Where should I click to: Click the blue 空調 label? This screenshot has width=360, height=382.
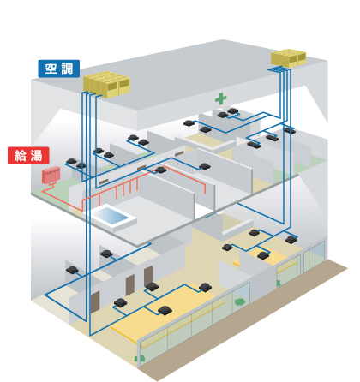tap(59, 69)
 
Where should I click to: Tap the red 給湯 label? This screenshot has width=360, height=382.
tap(28, 156)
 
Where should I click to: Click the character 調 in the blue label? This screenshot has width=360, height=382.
tap(67, 69)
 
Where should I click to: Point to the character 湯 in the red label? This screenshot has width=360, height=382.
tap(36, 156)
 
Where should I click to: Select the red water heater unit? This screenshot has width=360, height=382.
tap(51, 175)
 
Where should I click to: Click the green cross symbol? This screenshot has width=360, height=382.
tap(221, 98)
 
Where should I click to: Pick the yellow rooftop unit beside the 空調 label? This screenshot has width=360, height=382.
tap(107, 85)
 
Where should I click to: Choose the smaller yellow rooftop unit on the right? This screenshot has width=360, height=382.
tap(289, 58)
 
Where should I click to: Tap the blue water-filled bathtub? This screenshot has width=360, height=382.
tap(113, 217)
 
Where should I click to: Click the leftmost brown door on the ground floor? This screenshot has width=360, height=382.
tap(95, 302)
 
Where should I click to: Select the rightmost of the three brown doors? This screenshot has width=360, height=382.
tap(148, 276)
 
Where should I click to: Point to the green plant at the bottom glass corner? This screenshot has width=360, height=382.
tap(140, 359)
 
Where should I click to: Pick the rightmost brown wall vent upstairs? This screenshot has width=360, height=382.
tap(179, 154)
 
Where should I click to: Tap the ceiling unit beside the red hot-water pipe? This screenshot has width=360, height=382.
tap(160, 170)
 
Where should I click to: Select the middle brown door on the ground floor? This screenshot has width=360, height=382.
tap(130, 285)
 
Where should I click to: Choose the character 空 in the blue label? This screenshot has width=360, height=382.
tap(51, 69)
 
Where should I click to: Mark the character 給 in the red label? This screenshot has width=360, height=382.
tap(21, 156)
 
